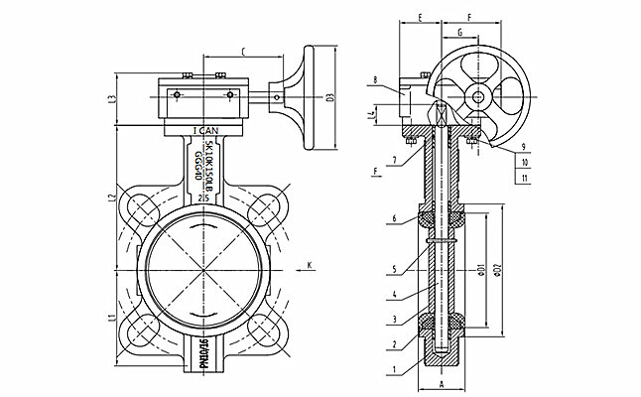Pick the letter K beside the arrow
(x=310, y=265)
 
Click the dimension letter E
(x=422, y=19)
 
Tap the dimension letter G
(x=460, y=32)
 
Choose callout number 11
(x=523, y=178)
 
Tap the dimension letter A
(x=440, y=388)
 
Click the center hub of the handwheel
(x=478, y=96)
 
